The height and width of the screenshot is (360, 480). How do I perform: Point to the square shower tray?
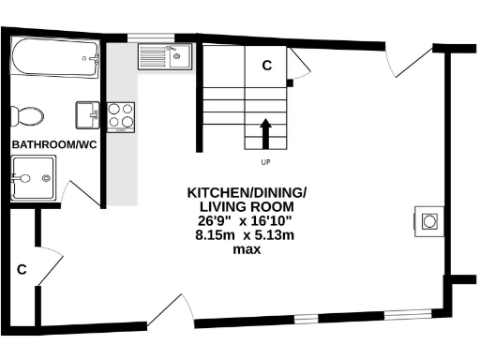pyautogui.click(x=33, y=177)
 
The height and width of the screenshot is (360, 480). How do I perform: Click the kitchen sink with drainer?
pyautogui.click(x=164, y=58)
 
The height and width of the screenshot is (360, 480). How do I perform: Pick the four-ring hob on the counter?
pyautogui.click(x=121, y=115)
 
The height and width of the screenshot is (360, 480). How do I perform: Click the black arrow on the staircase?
pyautogui.click(x=266, y=133)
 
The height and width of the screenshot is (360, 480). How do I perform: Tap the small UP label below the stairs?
pyautogui.click(x=266, y=163)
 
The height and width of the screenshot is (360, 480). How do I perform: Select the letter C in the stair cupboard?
pyautogui.click(x=266, y=65)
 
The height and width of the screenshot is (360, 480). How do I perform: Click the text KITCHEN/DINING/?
pyautogui.click(x=247, y=192)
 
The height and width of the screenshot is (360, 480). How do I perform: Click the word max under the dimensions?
pyautogui.click(x=247, y=249)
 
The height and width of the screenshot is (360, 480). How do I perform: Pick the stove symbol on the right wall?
pyautogui.click(x=428, y=220)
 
